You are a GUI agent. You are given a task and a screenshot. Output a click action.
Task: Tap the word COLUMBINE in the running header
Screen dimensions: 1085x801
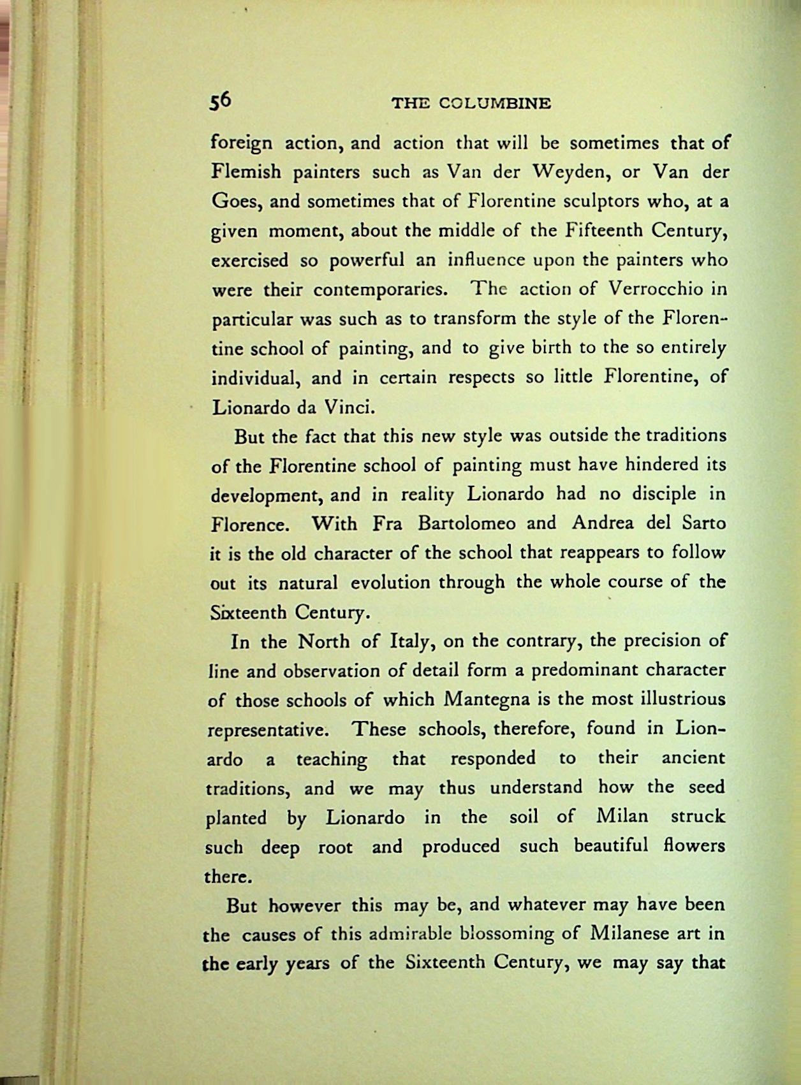(495, 103)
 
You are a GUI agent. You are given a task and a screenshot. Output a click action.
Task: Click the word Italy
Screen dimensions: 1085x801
(411, 641)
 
